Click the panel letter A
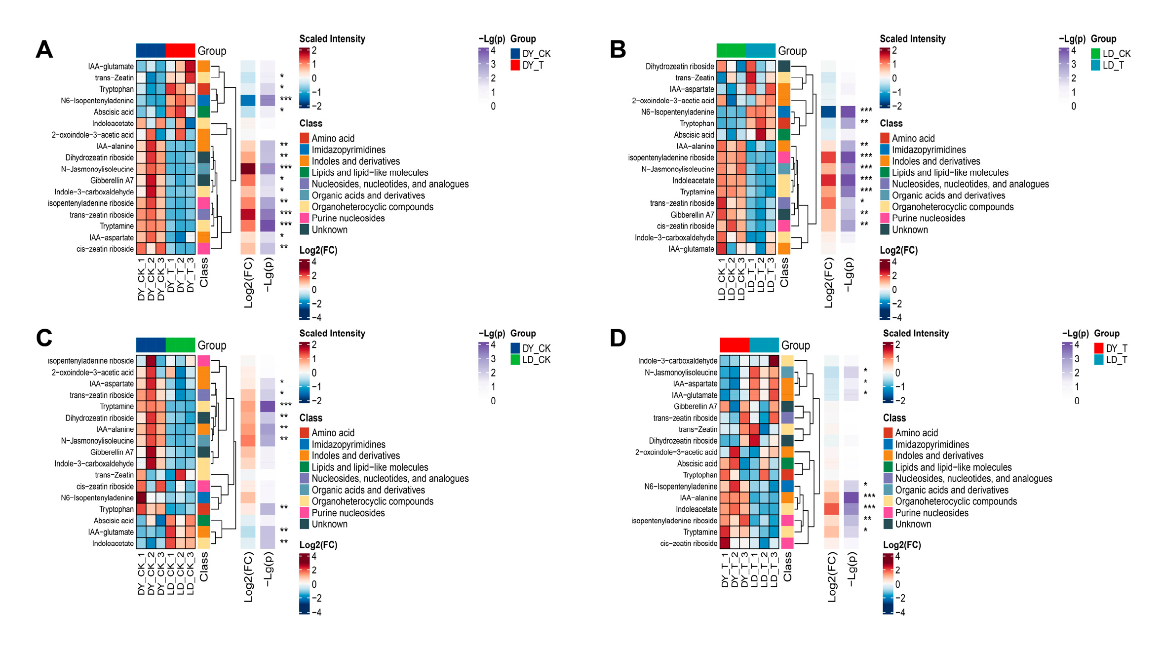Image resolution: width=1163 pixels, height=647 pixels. pyautogui.click(x=44, y=50)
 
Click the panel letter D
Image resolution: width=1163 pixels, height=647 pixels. pyautogui.click(x=618, y=339)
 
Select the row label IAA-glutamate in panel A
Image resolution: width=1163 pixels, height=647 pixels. pyautogui.click(x=111, y=67)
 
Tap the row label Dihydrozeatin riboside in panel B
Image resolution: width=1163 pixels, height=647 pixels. pyautogui.click(x=679, y=67)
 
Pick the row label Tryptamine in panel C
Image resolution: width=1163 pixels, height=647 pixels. pyautogui.click(x=116, y=407)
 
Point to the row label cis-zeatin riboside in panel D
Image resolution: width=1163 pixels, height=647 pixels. pyautogui.click(x=689, y=543)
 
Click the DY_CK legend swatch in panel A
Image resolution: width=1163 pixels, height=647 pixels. pyautogui.click(x=515, y=54)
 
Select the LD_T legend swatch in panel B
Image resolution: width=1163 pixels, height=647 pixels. pyautogui.click(x=1095, y=65)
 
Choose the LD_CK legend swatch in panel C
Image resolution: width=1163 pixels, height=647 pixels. pyautogui.click(x=515, y=360)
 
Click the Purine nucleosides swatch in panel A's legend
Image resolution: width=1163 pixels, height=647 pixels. pyautogui.click(x=305, y=218)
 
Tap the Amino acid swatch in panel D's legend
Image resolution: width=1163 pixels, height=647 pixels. pyautogui.click(x=888, y=433)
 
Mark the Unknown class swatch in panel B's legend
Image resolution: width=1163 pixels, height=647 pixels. pyautogui.click(x=885, y=229)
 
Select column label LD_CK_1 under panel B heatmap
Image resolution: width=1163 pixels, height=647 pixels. pyautogui.click(x=722, y=279)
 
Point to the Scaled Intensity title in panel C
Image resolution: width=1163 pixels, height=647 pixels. pyautogui.click(x=332, y=334)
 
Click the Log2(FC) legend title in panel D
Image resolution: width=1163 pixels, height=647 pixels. pyautogui.click(x=902, y=545)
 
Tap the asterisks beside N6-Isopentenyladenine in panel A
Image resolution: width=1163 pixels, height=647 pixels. pyautogui.click(x=286, y=100)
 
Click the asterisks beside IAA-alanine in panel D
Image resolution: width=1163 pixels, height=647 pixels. pyautogui.click(x=869, y=496)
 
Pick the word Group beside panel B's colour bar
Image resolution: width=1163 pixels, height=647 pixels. pyautogui.click(x=792, y=51)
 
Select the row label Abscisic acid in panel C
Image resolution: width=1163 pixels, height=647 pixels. pyautogui.click(x=114, y=521)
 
